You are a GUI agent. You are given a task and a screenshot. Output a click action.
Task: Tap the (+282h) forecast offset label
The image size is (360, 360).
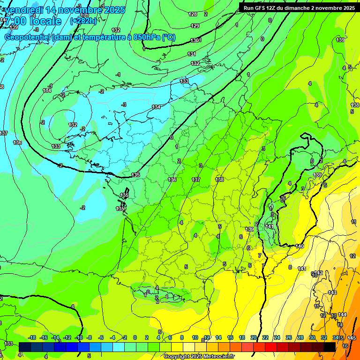point(83,21)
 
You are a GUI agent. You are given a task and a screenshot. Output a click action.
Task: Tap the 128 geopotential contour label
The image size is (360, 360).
point(193,15)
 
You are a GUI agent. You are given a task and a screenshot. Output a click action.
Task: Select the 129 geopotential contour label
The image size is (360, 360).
point(195,26)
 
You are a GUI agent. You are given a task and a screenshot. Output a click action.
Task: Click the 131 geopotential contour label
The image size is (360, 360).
point(192,54)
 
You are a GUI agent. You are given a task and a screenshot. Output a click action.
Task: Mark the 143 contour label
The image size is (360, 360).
point(332,292)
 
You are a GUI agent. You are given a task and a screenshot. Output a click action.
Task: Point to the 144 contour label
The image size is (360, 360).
point(342,315)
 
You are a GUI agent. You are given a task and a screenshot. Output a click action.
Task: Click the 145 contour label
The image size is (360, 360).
point(352,338)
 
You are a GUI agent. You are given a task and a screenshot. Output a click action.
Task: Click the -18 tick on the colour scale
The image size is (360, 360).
point(32,337)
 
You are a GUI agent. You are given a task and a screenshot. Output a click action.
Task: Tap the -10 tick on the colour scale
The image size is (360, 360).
point(78,337)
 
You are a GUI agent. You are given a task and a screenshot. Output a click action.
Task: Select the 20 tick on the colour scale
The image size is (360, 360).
point(254,337)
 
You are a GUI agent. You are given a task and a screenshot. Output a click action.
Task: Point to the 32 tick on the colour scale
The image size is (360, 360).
point(323,337)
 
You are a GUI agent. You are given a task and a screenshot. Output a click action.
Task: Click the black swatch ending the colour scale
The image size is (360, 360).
point(330,346)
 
